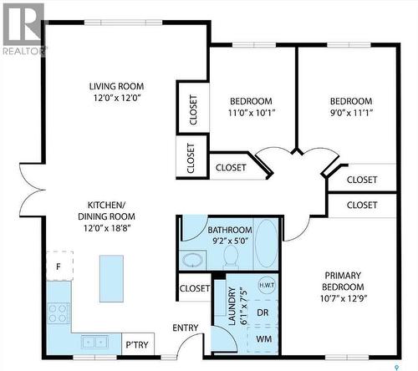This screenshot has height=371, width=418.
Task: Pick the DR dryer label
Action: click(x=263, y=312)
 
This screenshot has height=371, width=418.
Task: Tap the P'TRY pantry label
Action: click(x=136, y=343)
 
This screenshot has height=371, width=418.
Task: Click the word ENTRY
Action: click(x=185, y=328)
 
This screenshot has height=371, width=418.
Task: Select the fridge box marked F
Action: click(x=59, y=267)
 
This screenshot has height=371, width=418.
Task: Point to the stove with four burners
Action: click(x=59, y=313)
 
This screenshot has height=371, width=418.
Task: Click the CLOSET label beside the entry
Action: click(x=194, y=288)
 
